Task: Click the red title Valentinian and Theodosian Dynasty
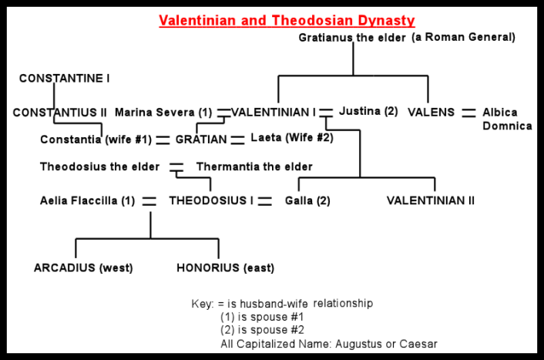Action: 287,21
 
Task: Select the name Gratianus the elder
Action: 352,38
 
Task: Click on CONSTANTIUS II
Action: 60,113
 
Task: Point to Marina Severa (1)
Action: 163,113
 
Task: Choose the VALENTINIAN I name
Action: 274,113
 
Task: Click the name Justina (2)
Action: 368,111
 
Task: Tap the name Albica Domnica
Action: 506,119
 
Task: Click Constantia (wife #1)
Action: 96,140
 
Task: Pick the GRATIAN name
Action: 201,140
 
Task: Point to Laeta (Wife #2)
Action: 291,139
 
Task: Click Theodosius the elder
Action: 100,167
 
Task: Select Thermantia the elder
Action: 254,167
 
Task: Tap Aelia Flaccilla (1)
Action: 87,200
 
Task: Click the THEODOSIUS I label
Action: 211,200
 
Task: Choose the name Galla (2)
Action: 307,200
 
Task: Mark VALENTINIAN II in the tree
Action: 431,200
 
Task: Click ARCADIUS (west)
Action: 83,268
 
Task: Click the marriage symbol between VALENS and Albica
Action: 468,113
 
